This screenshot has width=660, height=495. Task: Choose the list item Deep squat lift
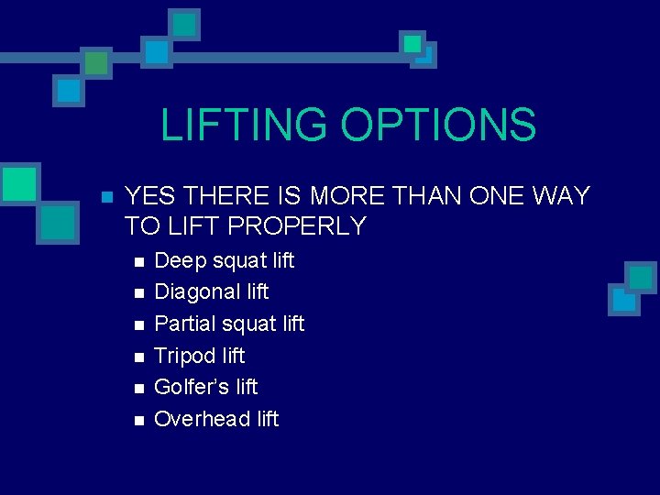point(224,260)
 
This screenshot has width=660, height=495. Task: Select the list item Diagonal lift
point(211,291)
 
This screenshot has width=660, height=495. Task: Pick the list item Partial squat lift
point(229,324)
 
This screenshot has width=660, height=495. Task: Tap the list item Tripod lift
point(199,356)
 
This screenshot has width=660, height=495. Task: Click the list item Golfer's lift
point(205,387)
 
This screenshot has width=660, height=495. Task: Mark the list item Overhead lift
point(216,419)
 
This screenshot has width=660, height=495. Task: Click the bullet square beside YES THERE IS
point(106,197)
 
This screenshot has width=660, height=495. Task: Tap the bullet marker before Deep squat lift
point(138,261)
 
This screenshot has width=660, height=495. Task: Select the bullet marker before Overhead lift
point(138,420)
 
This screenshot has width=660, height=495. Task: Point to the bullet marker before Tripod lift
point(138,357)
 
